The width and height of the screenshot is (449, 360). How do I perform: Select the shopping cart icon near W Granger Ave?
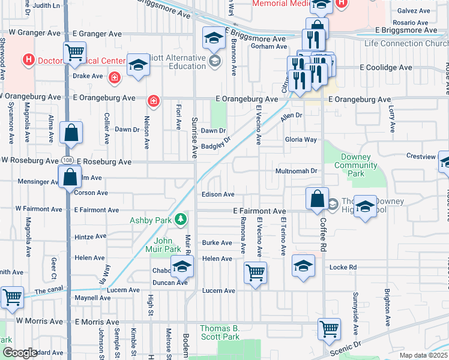coord(74,52)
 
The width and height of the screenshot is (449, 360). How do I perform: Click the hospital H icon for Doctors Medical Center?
coord(27,60)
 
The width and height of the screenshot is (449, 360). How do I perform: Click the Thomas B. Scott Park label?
coord(220,332)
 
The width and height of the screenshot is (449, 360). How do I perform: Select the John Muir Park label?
coord(163,245)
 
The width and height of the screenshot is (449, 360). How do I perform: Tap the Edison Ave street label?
coord(218,194)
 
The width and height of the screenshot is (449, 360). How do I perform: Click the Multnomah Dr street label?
coord(295,171)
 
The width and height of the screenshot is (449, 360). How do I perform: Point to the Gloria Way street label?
coord(301,139)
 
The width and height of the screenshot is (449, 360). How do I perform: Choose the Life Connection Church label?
coord(406,43)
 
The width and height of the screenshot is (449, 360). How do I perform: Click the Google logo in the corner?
coord(19,353)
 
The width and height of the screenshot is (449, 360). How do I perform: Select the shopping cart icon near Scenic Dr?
coord(329,329)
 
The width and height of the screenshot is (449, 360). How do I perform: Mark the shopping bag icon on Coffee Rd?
coord(316,198)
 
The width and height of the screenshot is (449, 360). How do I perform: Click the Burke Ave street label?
coord(217,243)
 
